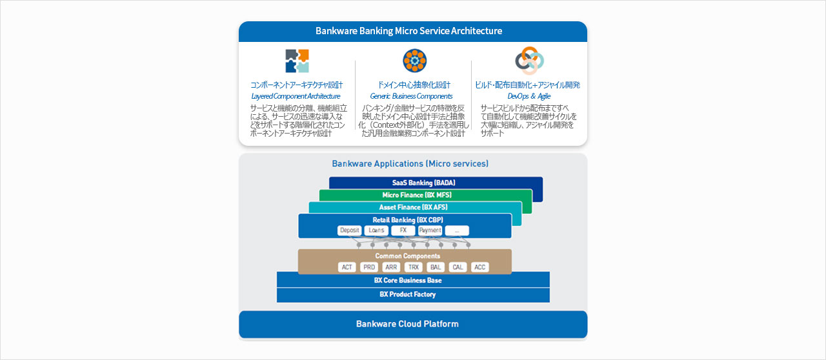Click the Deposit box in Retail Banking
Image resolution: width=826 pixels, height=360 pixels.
click(350, 230)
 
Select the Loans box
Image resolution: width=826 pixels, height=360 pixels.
click(376, 230)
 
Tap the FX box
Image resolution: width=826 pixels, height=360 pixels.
click(403, 230)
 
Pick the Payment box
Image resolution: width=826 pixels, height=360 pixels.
click(430, 230)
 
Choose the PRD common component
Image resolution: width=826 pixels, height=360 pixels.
click(369, 267)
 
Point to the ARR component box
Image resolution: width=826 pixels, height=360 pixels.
click(392, 267)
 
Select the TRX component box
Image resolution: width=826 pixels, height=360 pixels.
click(414, 267)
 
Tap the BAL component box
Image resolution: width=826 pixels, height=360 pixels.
click(436, 267)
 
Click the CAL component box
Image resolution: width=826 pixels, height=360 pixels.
click(458, 267)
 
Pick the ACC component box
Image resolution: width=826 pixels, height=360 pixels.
click(479, 267)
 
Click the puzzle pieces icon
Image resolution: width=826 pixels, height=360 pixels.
click(297, 61)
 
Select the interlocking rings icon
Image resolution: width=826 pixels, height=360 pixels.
click(529, 61)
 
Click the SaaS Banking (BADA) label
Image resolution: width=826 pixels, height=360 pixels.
click(424, 183)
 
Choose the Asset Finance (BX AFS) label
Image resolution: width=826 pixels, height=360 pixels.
click(413, 207)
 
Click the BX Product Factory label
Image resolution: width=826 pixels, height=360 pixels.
click(408, 294)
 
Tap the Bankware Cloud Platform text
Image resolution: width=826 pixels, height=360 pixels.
click(407, 324)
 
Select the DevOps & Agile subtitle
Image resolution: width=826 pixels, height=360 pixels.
click(529, 96)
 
